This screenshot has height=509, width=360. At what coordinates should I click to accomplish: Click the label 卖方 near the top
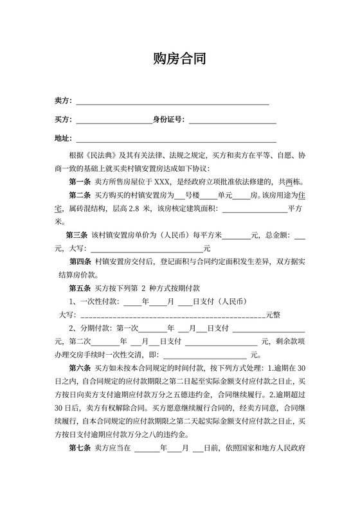pos(62,102)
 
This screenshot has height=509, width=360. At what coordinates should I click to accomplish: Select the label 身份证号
pos(167,120)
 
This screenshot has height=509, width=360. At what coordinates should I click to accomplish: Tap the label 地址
pos(62,138)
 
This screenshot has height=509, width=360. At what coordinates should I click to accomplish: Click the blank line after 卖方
pos(172,102)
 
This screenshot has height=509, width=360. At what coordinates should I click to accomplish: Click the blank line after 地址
pos(176,139)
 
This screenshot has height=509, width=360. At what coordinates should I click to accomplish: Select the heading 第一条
pos(80,181)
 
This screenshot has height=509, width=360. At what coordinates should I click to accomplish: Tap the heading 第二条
pos(80,194)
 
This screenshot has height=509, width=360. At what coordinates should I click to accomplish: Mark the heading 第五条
pos(80,288)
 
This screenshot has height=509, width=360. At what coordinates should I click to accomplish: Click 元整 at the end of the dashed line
pos(273,315)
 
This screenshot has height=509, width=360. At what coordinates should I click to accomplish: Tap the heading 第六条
pos(80,368)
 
